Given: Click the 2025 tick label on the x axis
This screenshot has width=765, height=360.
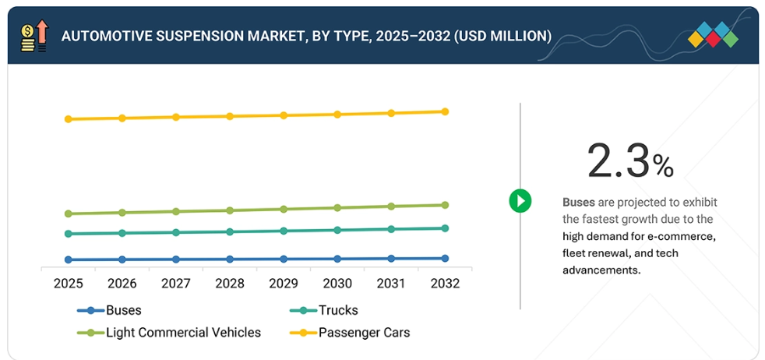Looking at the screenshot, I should click(69, 284).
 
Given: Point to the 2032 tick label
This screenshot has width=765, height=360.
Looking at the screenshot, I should click(445, 284).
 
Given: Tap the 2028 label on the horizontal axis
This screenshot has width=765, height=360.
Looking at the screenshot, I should click(230, 284).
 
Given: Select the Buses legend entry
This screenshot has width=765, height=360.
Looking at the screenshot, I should click(123, 310).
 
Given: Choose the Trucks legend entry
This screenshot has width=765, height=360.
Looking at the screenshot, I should click(338, 310).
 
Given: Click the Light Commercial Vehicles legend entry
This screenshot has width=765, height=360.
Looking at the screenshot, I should click(183, 333).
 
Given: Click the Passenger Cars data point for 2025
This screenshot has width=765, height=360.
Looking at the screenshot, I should click(69, 119).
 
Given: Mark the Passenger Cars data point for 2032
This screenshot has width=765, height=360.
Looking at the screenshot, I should click(445, 111).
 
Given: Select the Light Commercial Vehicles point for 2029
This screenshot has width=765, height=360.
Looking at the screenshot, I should click(284, 209).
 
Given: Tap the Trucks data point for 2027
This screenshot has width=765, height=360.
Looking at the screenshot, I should click(176, 232).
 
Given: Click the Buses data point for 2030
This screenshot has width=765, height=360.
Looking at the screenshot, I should click(337, 259).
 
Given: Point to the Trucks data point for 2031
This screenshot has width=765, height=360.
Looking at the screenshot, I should click(391, 229).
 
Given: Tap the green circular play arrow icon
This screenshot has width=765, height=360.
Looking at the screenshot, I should click(520, 200).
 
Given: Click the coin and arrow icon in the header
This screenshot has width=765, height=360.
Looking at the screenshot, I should click(33, 36).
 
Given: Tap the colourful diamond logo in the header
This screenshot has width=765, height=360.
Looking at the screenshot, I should click(713, 35).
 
